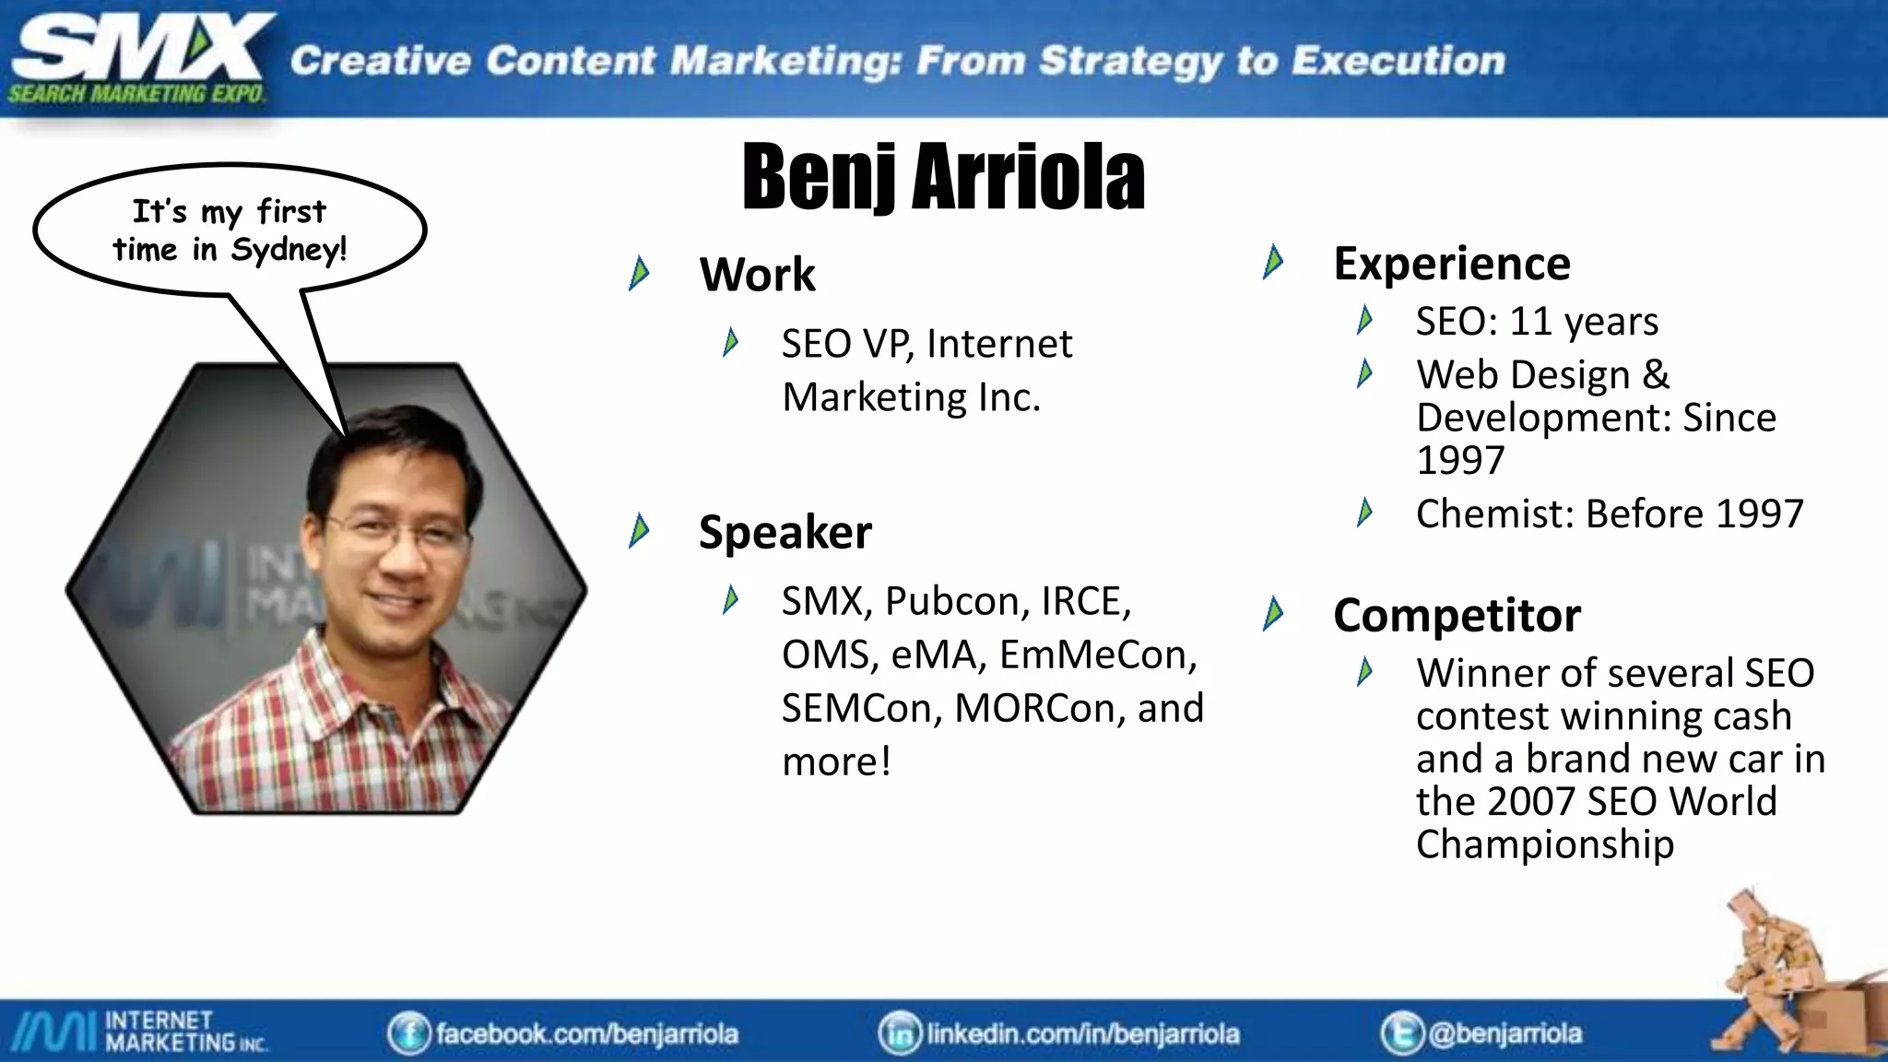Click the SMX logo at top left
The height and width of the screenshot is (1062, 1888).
pos(138,57)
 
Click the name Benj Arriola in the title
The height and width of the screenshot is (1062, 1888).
pos(943,176)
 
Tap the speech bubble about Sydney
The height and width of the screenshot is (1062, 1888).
pos(230,230)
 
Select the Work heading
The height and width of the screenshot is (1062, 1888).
pos(757,275)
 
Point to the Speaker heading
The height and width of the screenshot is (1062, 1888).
pos(785,532)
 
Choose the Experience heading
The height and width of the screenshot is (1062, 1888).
pos(1451,264)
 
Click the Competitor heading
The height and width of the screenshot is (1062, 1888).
pos(1457,615)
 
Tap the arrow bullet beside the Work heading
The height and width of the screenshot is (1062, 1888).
pos(638,274)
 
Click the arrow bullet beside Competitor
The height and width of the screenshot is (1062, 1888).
pos(1273,614)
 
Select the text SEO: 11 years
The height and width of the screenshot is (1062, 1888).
pos(1537,322)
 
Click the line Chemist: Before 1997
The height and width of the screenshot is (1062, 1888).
pos(1609,513)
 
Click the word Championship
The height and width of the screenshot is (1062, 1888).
pos(1544,844)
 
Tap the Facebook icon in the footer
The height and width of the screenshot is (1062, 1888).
pos(408,1033)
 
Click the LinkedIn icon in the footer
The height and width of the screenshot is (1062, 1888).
pos(900,1033)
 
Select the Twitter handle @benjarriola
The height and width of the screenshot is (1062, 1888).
pos(1504,1033)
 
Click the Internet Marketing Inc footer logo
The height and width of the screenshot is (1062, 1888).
pos(138,1032)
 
